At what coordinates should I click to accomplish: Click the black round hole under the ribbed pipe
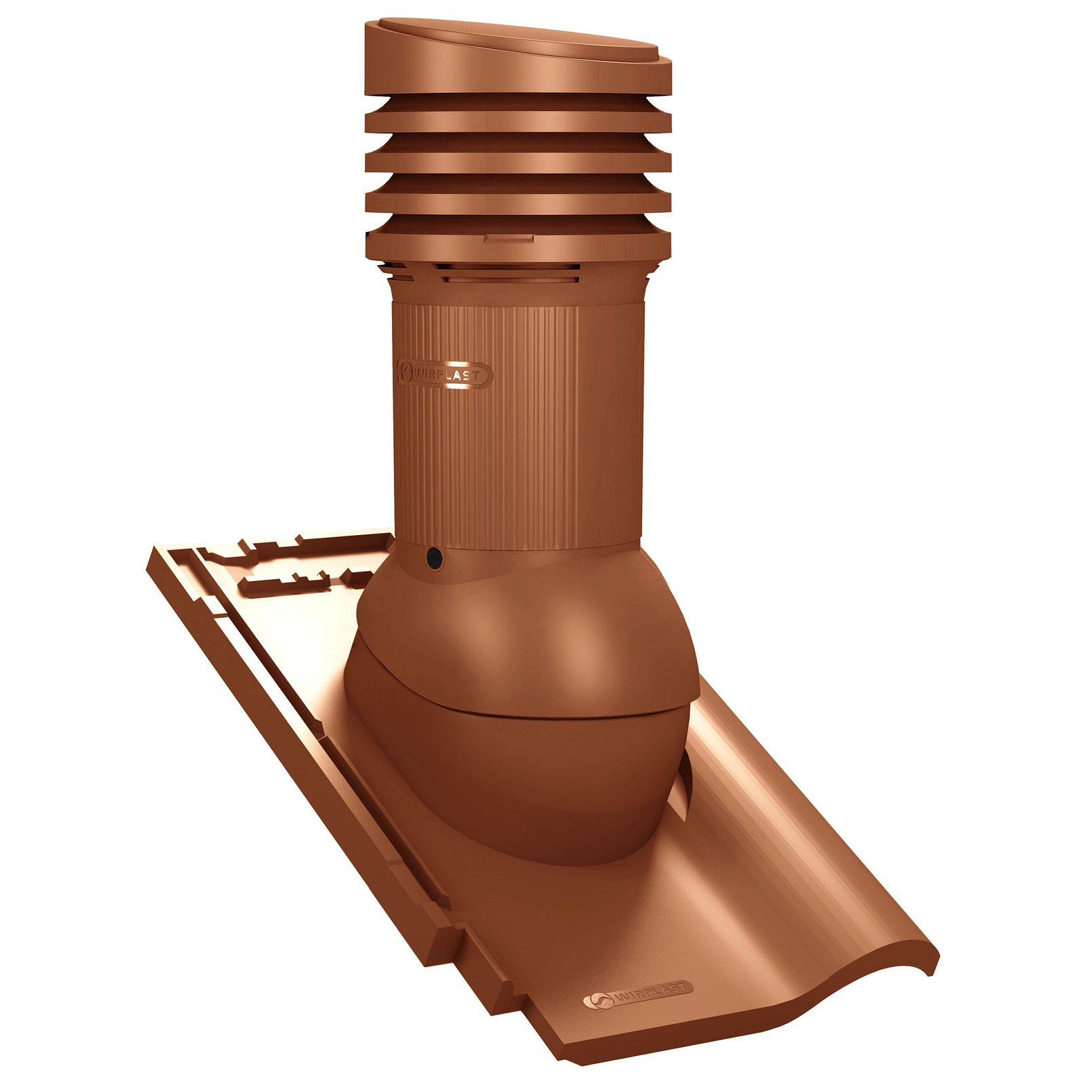tap(434, 558)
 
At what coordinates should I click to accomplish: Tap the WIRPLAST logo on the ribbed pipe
tap(445, 374)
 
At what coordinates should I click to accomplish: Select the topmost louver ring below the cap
tap(519, 120)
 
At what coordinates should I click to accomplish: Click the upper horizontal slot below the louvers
tap(506, 267)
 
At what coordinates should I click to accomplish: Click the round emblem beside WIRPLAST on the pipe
tap(405, 372)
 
